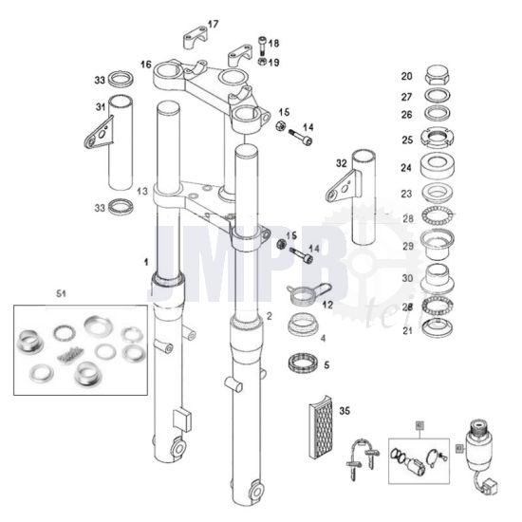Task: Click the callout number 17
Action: (x=213, y=24)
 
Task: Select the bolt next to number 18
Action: (x=259, y=44)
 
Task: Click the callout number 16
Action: (x=146, y=65)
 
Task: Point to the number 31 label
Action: (x=100, y=107)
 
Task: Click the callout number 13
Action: (x=141, y=191)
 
